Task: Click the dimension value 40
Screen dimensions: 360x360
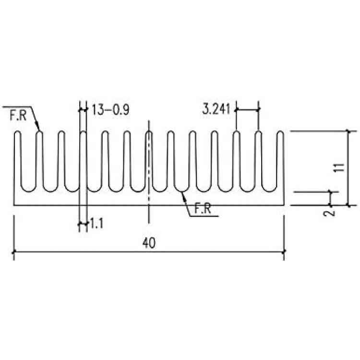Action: (x=149, y=243)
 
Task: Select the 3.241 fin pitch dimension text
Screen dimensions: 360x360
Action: (x=216, y=109)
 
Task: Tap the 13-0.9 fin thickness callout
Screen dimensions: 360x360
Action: (x=110, y=110)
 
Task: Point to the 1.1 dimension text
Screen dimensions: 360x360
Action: (x=96, y=223)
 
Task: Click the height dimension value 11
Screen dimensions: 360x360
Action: (x=340, y=168)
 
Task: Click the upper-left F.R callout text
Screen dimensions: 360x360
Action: (x=18, y=116)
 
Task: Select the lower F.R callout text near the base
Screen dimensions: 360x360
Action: (x=203, y=209)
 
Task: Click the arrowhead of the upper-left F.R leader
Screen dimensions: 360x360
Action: (x=39, y=129)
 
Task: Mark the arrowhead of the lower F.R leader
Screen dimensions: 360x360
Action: (x=183, y=195)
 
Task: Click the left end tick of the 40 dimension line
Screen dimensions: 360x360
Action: (x=14, y=252)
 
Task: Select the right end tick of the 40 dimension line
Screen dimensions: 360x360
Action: (x=284, y=252)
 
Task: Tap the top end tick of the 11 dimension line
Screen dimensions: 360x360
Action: (x=348, y=132)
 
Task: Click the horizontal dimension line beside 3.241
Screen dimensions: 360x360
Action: (x=248, y=110)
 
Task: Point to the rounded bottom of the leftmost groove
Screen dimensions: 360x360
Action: (x=28, y=191)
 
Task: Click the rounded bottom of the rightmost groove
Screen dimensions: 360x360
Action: (x=269, y=191)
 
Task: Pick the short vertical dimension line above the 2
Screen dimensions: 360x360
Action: (x=330, y=198)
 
